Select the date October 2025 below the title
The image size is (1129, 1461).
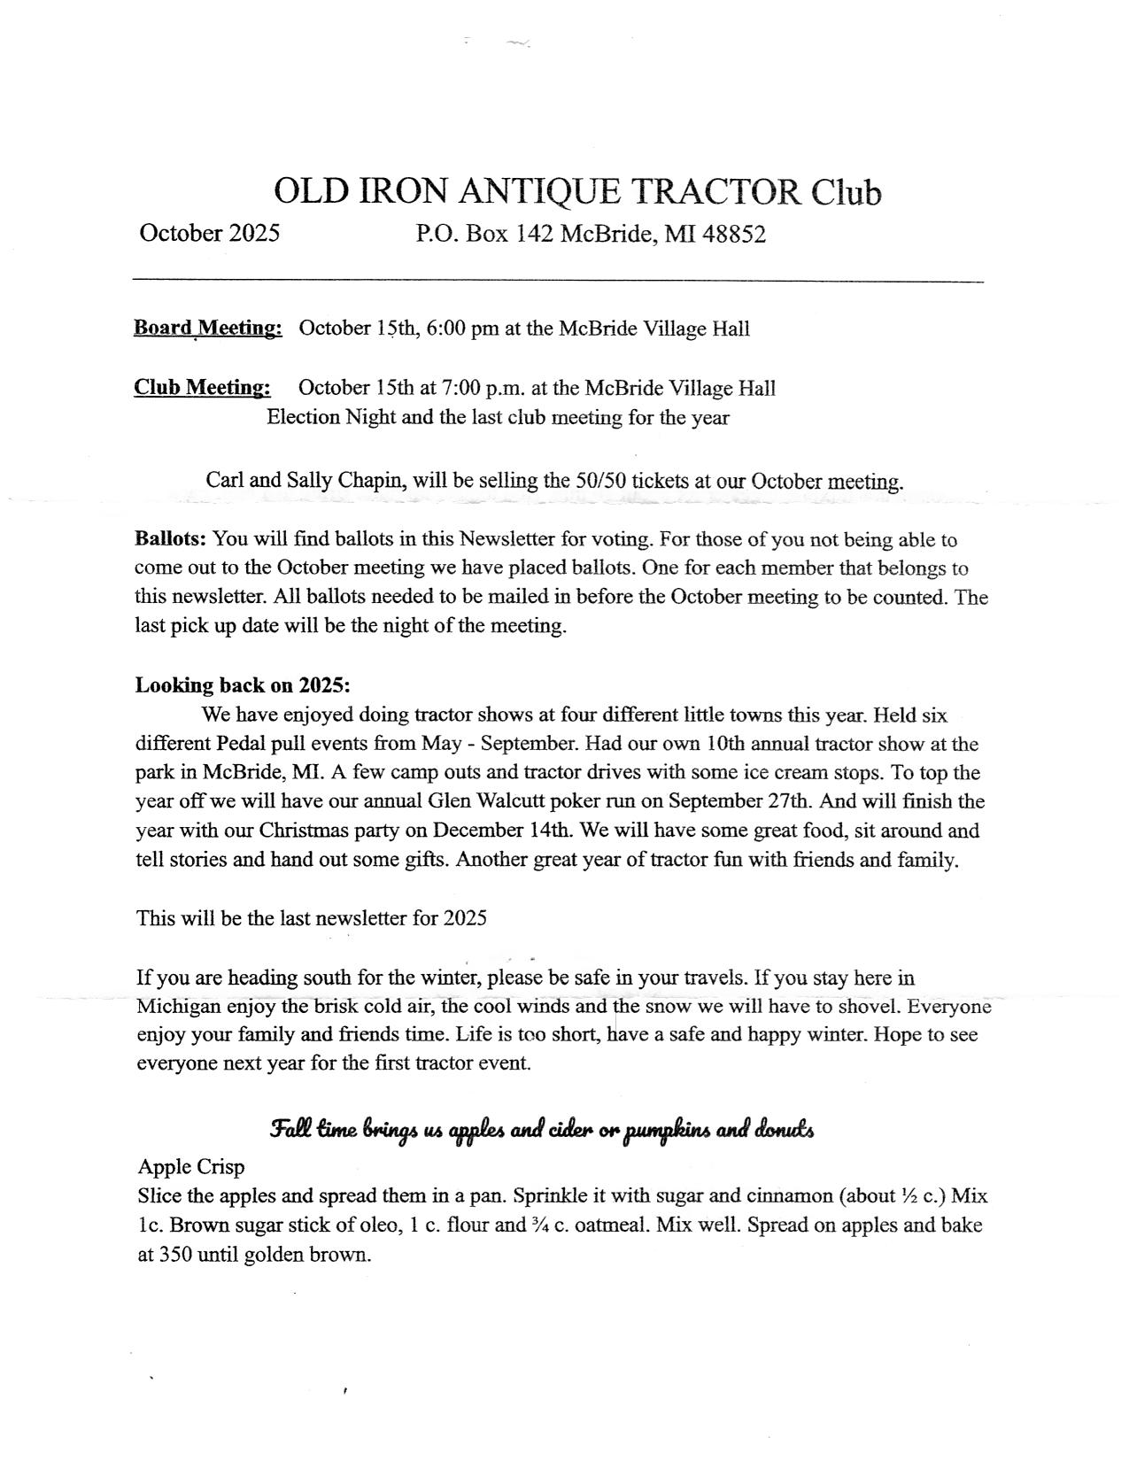(x=209, y=233)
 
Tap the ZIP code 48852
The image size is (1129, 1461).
(x=733, y=235)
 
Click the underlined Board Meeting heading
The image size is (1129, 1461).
(x=208, y=329)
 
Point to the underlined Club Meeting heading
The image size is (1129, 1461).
(x=202, y=388)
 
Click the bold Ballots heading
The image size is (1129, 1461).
(x=170, y=539)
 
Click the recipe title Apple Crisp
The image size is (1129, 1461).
(x=190, y=1167)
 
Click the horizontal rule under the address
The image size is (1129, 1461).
(x=558, y=282)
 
